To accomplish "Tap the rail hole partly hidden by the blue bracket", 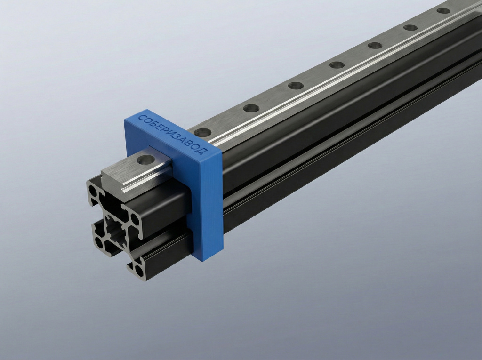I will [201, 132].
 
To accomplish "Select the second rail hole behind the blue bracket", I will [251, 108].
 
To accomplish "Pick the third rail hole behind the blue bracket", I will [296, 86].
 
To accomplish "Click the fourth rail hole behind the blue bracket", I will [337, 64].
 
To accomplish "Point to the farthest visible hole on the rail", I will [443, 10].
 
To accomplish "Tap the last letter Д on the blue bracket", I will [203, 151].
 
